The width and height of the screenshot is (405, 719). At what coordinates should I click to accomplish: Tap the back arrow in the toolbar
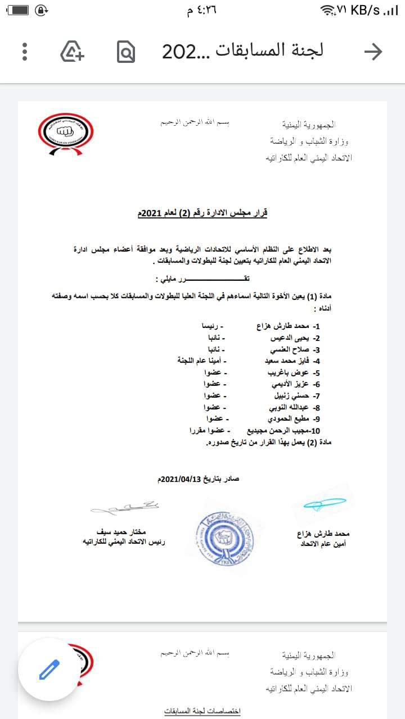click(373, 52)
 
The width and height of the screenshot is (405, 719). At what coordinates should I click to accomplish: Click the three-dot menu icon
click(25, 52)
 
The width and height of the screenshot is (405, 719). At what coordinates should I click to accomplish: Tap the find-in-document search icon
click(127, 52)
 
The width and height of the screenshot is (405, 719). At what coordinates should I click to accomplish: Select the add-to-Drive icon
click(72, 52)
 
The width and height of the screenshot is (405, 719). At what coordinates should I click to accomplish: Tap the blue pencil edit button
click(49, 669)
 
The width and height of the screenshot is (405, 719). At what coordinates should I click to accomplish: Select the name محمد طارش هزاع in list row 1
click(281, 326)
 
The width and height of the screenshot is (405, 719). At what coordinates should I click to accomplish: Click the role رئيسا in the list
click(214, 326)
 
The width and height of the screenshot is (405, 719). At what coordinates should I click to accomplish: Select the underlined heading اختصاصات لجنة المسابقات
click(202, 711)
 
